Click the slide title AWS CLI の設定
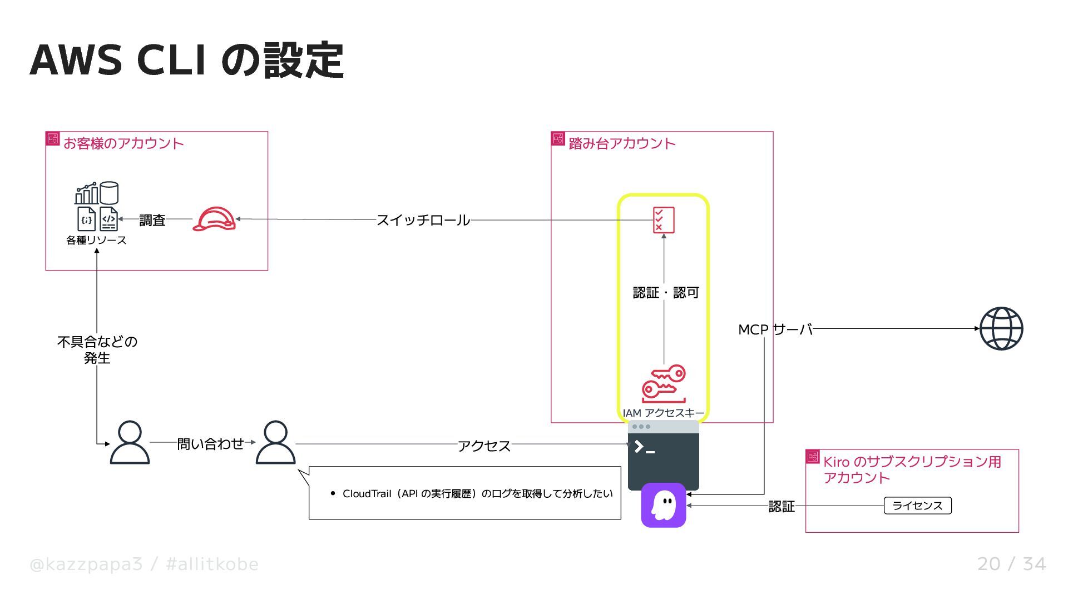186,60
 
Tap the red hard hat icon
214,219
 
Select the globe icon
1001,328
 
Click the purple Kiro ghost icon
663,505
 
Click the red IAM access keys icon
664,384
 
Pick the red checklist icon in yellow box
664,220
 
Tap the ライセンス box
917,506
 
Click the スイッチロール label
423,220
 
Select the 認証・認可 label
666,292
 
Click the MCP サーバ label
775,329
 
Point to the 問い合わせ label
210,443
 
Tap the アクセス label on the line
484,446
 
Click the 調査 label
152,220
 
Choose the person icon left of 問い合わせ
130,442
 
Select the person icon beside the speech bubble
275,442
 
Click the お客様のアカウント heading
123,143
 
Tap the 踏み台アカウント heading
622,143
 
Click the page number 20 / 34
1011,564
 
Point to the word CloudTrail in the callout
367,493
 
